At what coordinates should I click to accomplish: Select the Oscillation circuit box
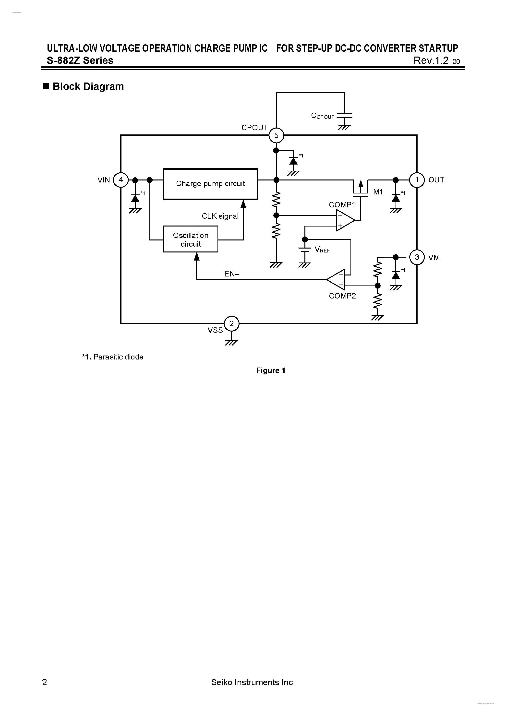point(190,239)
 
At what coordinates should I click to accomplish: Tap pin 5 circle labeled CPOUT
point(276,135)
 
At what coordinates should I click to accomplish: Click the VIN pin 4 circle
point(121,180)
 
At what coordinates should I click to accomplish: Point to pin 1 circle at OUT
point(417,180)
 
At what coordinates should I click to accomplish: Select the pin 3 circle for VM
point(417,257)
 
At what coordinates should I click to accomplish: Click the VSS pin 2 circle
point(231,324)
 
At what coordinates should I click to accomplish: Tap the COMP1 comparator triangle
point(344,220)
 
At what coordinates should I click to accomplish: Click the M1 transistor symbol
point(361,188)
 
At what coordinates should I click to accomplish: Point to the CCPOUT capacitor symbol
point(345,116)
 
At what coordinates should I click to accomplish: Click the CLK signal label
point(220,216)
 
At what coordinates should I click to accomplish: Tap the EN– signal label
point(232,274)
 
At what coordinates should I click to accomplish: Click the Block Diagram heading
point(88,86)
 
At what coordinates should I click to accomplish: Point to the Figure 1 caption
point(270,370)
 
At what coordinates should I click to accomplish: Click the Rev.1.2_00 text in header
point(436,60)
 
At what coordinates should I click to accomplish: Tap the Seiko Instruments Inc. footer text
point(253,682)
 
